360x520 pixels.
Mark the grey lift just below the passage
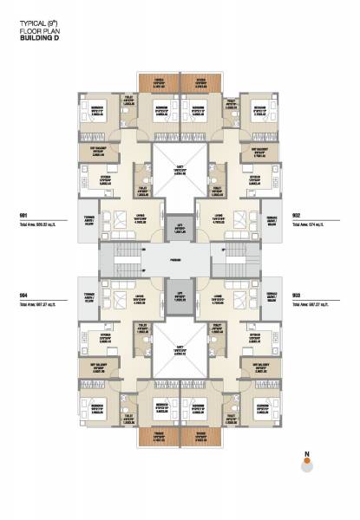[180, 296]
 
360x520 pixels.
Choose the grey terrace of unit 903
[272, 297]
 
